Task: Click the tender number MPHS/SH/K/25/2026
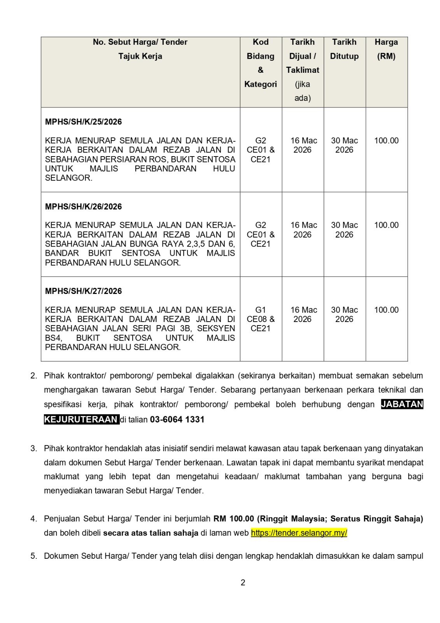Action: (x=83, y=122)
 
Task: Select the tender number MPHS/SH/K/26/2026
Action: (x=83, y=207)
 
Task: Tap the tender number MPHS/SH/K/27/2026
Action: (x=83, y=291)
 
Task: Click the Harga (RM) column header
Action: (x=386, y=49)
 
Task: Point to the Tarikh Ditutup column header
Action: (x=344, y=49)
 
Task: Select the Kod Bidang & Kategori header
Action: (x=261, y=63)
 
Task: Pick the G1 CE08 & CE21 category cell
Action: (x=261, y=319)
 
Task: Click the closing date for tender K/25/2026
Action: (x=344, y=145)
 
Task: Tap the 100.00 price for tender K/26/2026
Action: (x=386, y=225)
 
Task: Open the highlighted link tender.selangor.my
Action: (x=299, y=533)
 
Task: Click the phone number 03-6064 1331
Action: (x=177, y=419)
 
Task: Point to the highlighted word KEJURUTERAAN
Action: (x=81, y=419)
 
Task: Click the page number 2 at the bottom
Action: (x=243, y=583)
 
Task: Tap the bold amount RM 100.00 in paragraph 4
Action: (x=233, y=519)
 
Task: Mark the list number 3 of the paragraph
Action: (x=34, y=448)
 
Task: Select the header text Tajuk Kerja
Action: (x=140, y=56)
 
